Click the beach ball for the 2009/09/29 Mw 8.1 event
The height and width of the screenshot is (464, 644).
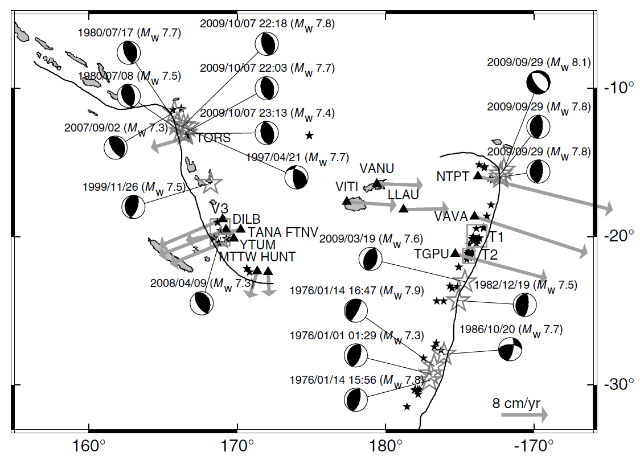click(538, 83)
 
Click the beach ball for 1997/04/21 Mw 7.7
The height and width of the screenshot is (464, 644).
click(296, 178)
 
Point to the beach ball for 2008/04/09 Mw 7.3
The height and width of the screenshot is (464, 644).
click(202, 303)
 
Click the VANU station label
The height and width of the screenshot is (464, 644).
click(376, 169)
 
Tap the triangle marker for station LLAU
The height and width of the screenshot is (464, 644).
click(404, 208)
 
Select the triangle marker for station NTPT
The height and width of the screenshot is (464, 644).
click(478, 176)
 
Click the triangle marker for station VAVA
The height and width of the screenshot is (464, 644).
click(474, 216)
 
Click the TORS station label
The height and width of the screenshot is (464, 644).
click(214, 138)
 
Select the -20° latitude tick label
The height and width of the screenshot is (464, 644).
click(617, 236)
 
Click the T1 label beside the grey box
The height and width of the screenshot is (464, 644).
click(497, 236)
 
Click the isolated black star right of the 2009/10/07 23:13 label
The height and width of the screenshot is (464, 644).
click(309, 135)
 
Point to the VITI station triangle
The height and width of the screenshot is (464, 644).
click(347, 200)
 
